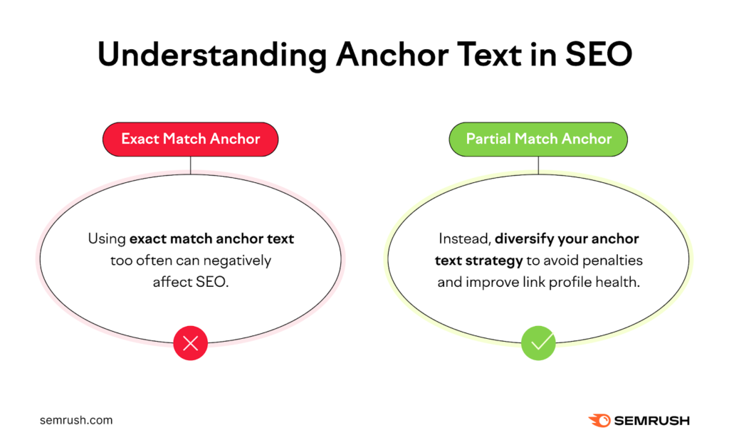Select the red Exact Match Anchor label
pos(190,139)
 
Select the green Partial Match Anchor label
pos(538,139)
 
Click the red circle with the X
pos(190,344)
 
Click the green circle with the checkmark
pos(538,344)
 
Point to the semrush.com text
pos(76,420)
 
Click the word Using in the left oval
pos(106,239)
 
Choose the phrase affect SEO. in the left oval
pos(190,282)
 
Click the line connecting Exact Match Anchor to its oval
pos(190,165)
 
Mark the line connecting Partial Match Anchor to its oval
pos(538,165)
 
